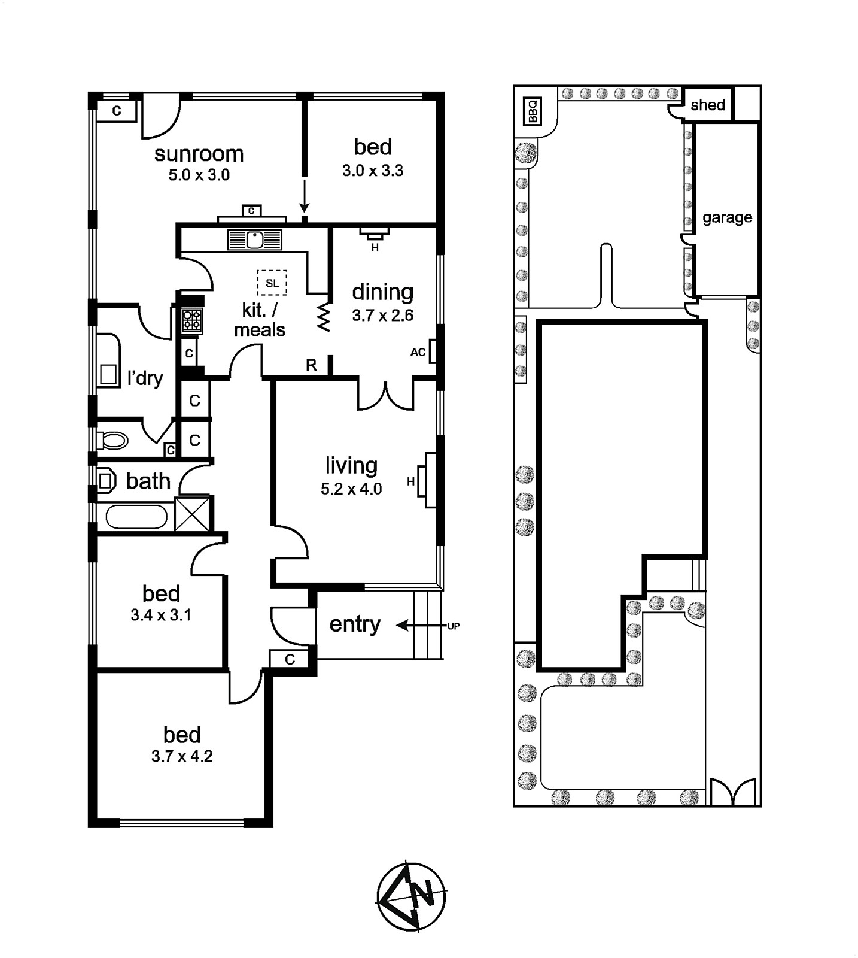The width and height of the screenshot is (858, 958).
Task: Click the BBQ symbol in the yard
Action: (x=533, y=111)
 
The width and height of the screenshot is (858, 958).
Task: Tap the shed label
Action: (x=707, y=105)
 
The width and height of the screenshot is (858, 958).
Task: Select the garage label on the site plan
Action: (x=727, y=217)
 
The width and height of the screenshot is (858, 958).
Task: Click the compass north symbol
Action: (x=411, y=897)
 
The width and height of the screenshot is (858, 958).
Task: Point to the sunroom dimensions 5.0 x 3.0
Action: (x=199, y=175)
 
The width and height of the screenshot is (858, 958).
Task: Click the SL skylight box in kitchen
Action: (x=272, y=283)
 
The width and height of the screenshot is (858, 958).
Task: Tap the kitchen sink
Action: (x=255, y=239)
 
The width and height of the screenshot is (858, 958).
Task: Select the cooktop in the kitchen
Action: (x=192, y=320)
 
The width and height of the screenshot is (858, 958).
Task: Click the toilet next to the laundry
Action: (x=112, y=441)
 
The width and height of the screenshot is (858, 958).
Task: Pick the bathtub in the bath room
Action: (x=136, y=517)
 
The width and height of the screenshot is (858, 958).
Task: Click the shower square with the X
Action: (x=192, y=514)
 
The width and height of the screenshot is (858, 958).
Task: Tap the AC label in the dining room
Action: (x=418, y=353)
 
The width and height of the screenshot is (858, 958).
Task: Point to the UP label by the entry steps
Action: (x=454, y=626)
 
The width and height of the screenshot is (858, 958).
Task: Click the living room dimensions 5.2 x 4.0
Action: (x=351, y=489)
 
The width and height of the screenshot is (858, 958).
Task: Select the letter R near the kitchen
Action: (x=311, y=365)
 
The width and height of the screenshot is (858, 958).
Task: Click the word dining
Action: (x=382, y=292)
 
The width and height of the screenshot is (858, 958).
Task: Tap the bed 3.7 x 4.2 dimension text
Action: (x=182, y=756)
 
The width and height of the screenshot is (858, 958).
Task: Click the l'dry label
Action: (x=145, y=378)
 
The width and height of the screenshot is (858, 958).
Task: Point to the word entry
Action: (x=355, y=624)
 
